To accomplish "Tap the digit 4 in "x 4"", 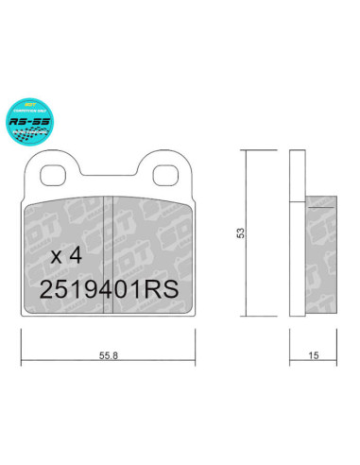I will (76, 255).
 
